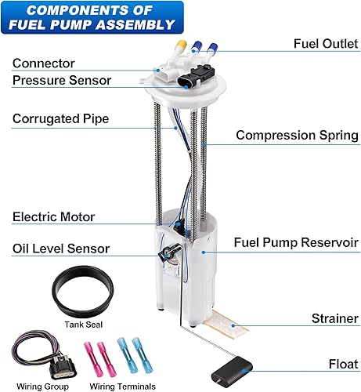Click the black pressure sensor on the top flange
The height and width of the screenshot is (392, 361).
point(196,77)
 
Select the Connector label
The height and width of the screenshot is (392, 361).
point(44,62)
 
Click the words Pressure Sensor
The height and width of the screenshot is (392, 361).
point(62,80)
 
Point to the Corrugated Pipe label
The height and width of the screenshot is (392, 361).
point(61,119)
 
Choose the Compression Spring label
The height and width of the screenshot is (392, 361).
point(298,135)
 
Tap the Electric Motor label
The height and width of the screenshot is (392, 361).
point(54,217)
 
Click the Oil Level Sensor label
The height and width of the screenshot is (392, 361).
point(61,249)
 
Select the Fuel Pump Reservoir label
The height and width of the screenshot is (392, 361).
point(296,242)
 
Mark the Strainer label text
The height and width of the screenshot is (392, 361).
point(334,319)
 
